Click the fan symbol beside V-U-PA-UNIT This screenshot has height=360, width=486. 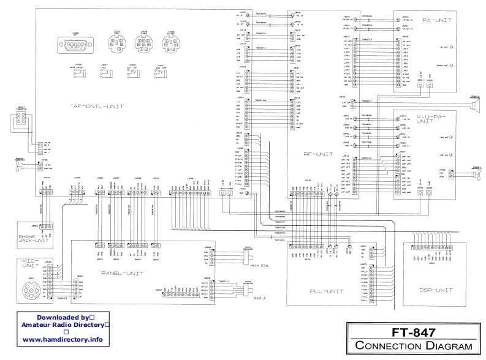(x=476, y=175)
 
